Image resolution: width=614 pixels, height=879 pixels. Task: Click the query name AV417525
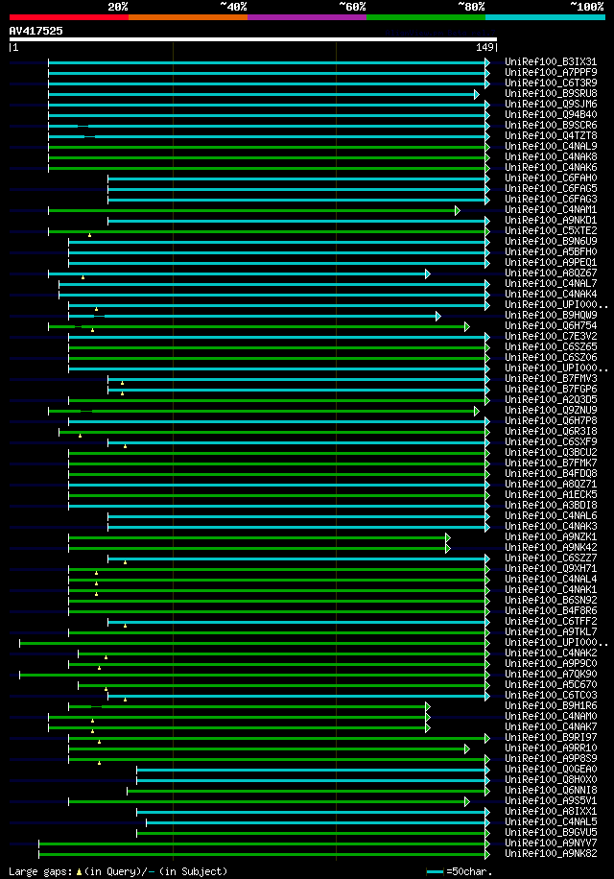[36, 31]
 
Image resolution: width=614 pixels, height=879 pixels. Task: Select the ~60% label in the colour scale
[352, 6]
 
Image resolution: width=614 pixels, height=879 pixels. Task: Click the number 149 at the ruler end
[484, 46]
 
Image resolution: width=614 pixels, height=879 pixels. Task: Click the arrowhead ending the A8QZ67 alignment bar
[428, 273]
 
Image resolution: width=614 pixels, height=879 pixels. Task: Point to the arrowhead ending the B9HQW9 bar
[437, 316]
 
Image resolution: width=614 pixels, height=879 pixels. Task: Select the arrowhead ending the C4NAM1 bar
[457, 210]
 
